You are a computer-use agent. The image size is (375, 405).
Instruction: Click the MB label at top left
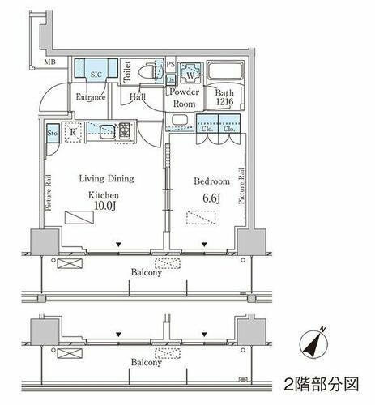pos(50,61)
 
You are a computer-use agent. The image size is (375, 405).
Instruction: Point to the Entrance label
pos(92,98)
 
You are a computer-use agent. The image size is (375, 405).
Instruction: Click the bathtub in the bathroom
pos(224,72)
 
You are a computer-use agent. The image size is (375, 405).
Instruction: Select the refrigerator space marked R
pos(73,131)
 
